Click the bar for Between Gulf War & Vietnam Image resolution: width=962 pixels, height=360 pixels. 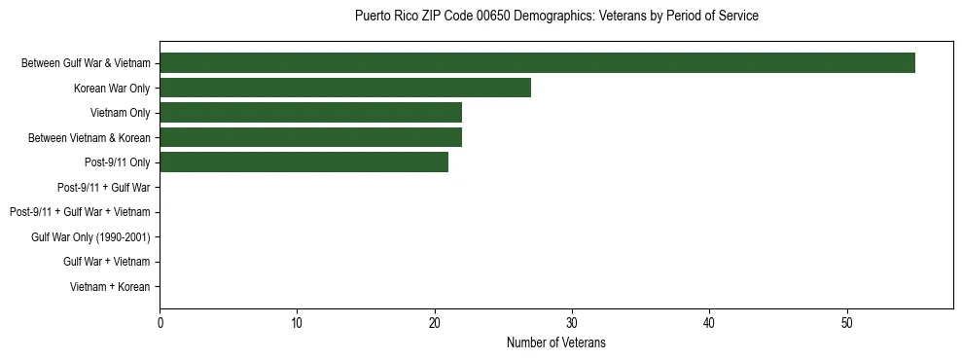point(537,63)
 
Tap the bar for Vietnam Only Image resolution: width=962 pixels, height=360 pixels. point(310,113)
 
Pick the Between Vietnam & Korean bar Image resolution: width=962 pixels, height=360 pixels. point(310,138)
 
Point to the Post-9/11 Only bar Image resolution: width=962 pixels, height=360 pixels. point(303,162)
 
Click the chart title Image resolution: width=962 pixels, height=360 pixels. point(556,17)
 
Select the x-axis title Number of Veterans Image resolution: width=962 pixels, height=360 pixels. point(556,342)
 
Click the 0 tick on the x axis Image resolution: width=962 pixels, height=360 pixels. point(160,322)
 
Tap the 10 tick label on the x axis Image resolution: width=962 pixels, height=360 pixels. point(297,322)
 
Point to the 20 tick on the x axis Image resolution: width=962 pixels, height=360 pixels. point(435,322)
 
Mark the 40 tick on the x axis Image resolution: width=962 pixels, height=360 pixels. point(710,322)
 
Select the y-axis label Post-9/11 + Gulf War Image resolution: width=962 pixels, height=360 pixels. point(104,188)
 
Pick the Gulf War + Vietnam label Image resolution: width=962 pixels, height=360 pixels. point(107,262)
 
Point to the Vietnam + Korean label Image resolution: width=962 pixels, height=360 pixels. point(110,287)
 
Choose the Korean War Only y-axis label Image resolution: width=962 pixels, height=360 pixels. point(112,89)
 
